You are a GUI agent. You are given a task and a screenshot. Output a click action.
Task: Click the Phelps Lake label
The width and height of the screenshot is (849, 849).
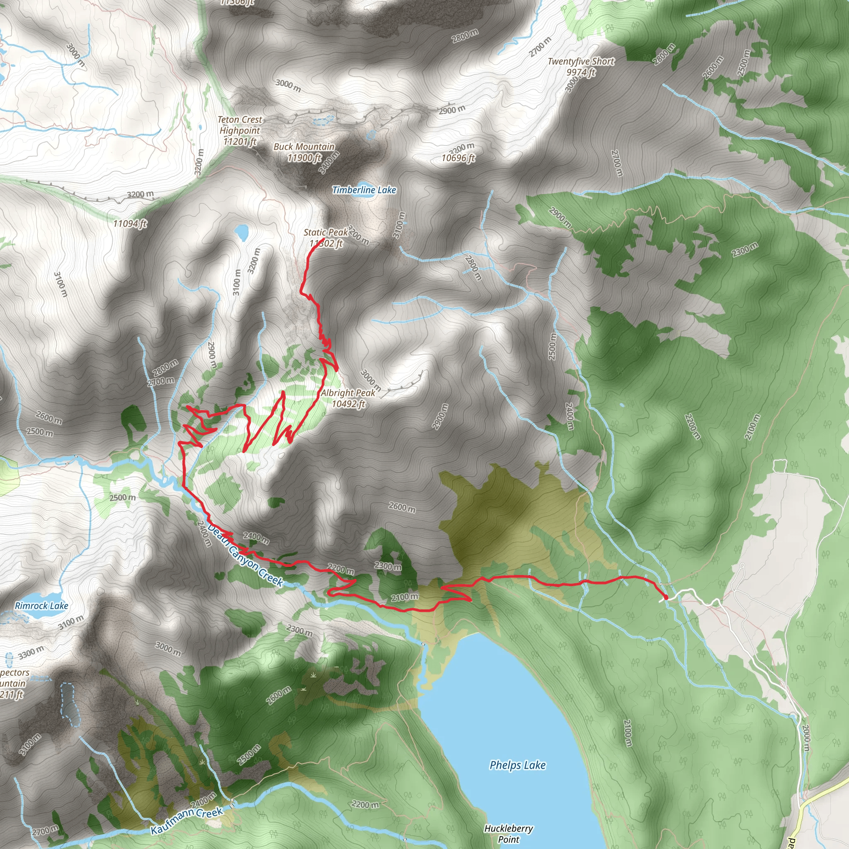517,765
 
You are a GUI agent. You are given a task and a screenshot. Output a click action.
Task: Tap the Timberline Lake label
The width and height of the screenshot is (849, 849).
364,190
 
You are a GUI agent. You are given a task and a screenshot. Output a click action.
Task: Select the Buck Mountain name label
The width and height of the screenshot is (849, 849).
304,146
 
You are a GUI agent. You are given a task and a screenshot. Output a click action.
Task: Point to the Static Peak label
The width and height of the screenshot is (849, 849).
325,232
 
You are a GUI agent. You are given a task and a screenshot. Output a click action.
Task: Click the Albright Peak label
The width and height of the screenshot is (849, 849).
348,393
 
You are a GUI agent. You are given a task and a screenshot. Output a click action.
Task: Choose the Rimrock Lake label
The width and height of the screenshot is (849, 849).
41,606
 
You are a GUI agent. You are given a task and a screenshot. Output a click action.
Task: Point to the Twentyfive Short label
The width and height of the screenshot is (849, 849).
581,61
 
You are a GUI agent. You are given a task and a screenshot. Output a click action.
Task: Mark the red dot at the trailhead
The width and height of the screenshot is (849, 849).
665,597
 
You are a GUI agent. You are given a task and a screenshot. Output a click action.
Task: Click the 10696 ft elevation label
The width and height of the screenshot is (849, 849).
458,158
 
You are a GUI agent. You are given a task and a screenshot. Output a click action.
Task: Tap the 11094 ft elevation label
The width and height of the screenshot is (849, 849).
130,224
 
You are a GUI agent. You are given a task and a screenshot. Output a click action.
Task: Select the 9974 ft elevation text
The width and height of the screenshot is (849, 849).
580,72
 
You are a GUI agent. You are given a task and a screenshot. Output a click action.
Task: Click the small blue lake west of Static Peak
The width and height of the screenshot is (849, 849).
241,231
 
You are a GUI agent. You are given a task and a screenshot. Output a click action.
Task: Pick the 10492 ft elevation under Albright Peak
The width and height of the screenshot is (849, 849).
348,403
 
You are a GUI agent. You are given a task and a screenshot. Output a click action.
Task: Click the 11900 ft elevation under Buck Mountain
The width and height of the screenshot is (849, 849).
304,157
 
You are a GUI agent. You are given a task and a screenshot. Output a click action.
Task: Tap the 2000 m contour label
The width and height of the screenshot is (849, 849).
805,735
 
